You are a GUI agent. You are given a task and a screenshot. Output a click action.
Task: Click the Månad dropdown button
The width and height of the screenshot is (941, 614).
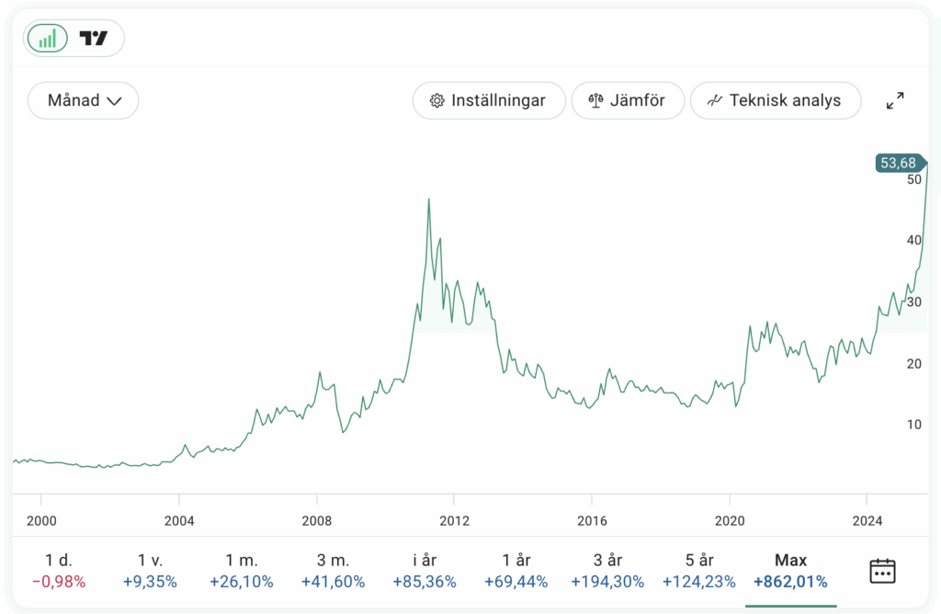[84, 100]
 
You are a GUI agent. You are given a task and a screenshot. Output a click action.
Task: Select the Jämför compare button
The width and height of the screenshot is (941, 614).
[628, 100]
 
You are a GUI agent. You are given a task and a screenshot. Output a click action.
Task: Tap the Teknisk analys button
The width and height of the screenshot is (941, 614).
[775, 100]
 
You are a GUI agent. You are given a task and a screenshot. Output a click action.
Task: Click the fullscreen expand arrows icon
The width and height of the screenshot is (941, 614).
[894, 100]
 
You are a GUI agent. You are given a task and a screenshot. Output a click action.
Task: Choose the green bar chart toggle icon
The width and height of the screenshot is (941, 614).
[48, 38]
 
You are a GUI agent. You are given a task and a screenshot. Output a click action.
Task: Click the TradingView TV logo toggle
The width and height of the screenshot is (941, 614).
[94, 38]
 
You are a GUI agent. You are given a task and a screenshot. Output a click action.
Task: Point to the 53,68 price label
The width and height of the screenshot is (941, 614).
[898, 164]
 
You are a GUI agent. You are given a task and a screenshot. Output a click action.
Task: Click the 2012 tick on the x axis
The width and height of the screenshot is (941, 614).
[454, 521]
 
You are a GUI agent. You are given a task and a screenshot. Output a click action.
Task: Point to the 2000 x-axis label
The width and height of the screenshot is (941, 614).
[41, 521]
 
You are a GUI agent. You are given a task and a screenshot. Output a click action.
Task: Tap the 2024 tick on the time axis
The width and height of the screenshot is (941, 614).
[867, 521]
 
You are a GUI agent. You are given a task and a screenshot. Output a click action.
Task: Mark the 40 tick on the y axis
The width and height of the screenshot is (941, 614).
[913, 240]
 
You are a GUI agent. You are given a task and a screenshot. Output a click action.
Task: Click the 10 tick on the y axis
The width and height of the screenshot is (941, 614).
[913, 425]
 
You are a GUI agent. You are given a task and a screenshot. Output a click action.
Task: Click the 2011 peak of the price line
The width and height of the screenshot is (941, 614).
[428, 199]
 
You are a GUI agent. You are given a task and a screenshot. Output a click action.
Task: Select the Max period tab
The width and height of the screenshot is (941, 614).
[790, 560]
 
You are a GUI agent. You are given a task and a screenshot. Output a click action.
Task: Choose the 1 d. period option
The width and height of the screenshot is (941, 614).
[58, 560]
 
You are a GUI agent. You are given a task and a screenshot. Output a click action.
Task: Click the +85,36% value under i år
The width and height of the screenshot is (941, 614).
[424, 581]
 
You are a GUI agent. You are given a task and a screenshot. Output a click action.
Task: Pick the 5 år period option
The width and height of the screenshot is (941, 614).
[699, 560]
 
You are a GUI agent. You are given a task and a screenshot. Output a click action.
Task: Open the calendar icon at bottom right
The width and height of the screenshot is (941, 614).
[882, 570]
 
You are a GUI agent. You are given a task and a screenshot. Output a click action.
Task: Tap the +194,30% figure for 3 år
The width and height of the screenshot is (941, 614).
[607, 581]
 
